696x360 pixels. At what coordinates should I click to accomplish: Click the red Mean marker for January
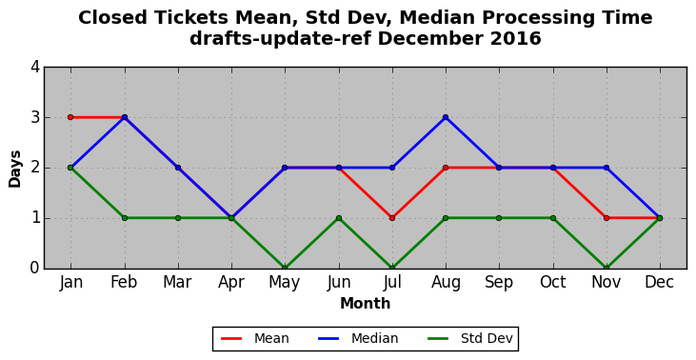70,117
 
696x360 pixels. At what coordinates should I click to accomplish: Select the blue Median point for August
446,117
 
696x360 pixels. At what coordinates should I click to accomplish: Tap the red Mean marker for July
392,218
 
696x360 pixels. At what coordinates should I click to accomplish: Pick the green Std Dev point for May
285,269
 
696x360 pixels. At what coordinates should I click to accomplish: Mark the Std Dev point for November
607,269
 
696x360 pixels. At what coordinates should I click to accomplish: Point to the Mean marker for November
607,218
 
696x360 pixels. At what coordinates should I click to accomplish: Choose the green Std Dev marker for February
125,218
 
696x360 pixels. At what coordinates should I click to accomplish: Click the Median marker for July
392,168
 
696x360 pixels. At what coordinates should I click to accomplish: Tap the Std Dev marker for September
499,218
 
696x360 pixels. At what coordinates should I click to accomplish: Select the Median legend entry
358,339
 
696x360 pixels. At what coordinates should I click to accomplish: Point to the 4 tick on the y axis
35,68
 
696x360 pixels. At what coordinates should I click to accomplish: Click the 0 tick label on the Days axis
35,269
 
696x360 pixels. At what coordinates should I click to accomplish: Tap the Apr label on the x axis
231,282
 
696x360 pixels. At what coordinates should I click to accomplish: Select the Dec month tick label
660,282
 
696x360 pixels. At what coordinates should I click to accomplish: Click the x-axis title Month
366,304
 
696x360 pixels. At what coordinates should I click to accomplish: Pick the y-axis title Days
14,170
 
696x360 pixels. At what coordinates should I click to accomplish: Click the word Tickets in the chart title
193,18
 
